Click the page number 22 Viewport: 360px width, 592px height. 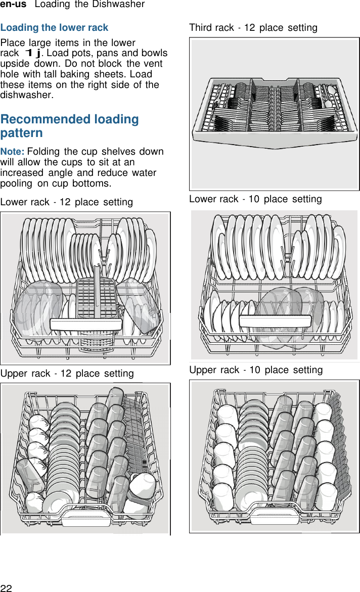point(6,587)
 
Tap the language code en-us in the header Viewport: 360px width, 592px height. point(13,5)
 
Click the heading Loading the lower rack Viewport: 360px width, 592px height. point(55,27)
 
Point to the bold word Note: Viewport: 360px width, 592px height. point(13,152)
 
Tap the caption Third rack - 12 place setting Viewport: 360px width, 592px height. point(253,27)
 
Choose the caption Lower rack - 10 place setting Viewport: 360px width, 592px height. point(255,199)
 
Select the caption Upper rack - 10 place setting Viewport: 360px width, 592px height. point(256,370)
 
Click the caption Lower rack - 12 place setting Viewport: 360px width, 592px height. point(67,202)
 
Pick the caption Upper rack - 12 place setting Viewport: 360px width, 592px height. point(67,373)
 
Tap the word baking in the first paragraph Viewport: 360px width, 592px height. point(78,74)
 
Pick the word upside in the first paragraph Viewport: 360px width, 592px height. point(15,64)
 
